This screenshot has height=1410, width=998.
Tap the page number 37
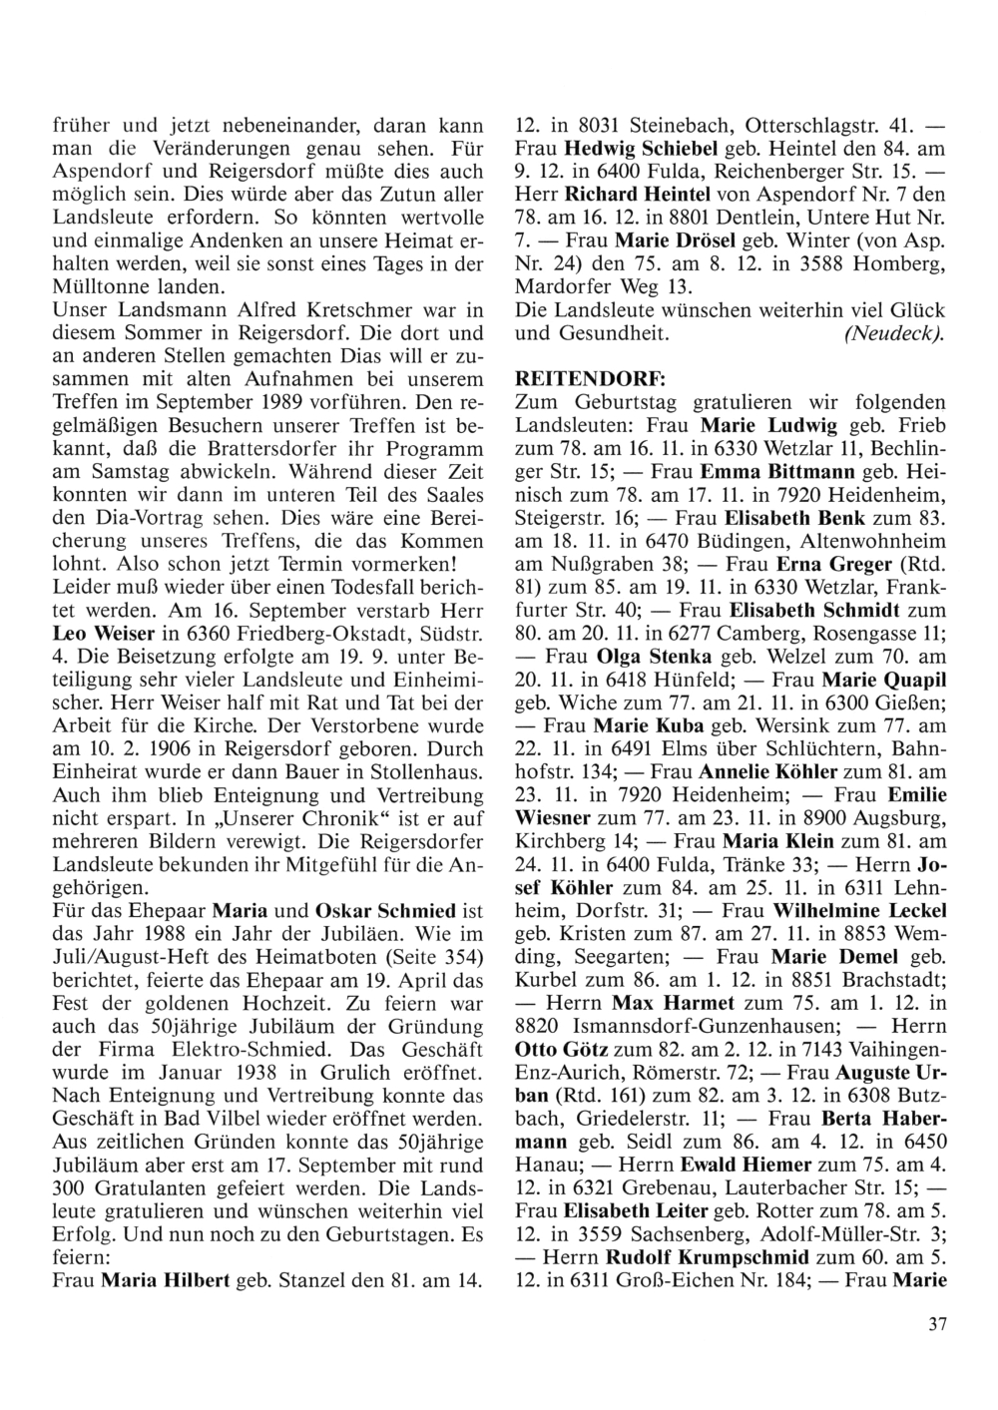(936, 1324)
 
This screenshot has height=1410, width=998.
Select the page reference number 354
(447, 957)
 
